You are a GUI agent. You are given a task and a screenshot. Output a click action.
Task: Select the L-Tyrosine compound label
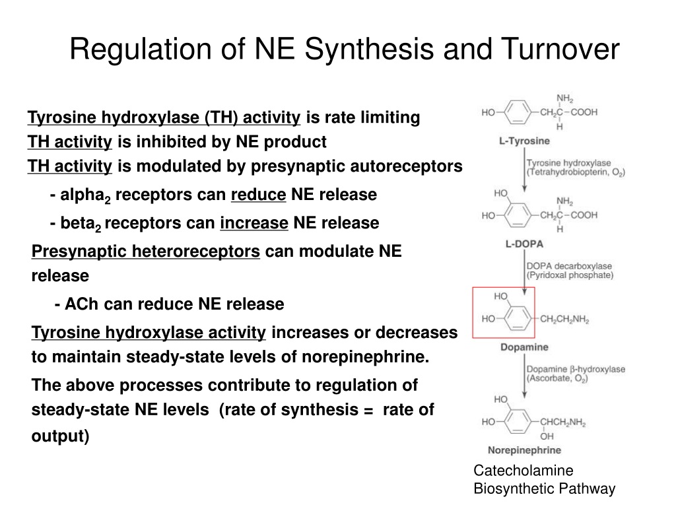pos(524,141)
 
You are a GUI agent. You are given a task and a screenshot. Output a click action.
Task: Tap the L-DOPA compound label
pos(524,244)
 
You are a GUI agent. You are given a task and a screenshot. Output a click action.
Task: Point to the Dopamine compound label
pos(524,347)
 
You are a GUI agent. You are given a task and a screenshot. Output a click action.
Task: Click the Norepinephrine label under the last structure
pos(524,450)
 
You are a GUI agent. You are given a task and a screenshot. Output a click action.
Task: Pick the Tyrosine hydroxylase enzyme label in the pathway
pos(568,163)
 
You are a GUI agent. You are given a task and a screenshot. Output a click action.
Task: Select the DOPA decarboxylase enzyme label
pos(569,266)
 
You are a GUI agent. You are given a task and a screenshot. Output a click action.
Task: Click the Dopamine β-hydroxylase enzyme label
pos(576,369)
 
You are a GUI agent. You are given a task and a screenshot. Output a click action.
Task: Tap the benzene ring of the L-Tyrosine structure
pos(518,112)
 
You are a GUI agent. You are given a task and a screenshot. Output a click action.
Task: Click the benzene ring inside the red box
pos(518,319)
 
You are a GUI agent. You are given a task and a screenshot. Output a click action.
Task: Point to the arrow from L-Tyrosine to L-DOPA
pos(524,170)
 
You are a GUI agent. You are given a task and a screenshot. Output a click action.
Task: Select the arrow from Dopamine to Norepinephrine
pos(524,376)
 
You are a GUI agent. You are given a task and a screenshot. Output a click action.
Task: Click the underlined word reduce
pos(258,195)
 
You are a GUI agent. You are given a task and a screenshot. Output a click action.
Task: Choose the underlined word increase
pos(254,223)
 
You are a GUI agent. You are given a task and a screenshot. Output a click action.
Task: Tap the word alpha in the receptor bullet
pos(82,195)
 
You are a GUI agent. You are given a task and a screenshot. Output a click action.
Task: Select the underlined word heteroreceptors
pos(195,252)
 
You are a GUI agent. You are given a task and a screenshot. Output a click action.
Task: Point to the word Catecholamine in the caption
pos(524,470)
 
